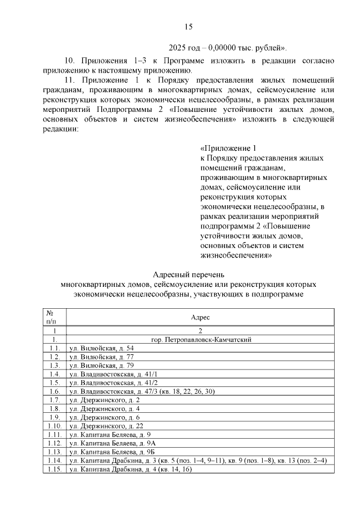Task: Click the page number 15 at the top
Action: click(188, 26)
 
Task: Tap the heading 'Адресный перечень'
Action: click(188, 274)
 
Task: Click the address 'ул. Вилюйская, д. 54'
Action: click(101, 349)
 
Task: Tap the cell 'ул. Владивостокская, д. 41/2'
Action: click(113, 382)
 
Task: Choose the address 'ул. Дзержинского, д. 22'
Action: click(105, 425)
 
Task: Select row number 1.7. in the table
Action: click(55, 400)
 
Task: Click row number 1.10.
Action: click(55, 425)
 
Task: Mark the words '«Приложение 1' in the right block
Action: click(228, 148)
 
